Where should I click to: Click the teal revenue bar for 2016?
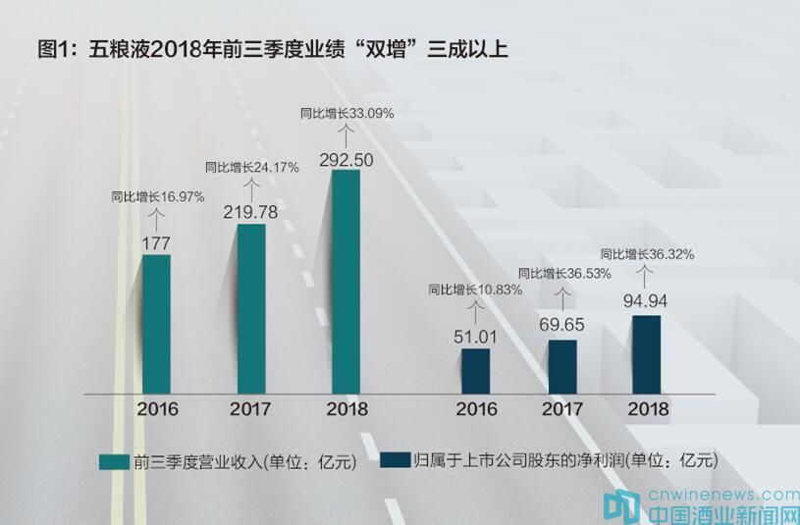point(156,324)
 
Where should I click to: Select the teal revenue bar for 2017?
point(251,308)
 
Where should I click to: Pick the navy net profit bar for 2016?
point(475,371)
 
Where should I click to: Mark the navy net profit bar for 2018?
point(647,354)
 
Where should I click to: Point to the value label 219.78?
point(251,213)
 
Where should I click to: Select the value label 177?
point(157,242)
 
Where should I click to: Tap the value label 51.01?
point(475,339)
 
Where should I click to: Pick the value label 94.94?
point(647,302)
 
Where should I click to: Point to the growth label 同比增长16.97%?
point(157,196)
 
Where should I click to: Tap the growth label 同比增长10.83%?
point(475,289)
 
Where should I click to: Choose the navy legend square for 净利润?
point(395,460)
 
